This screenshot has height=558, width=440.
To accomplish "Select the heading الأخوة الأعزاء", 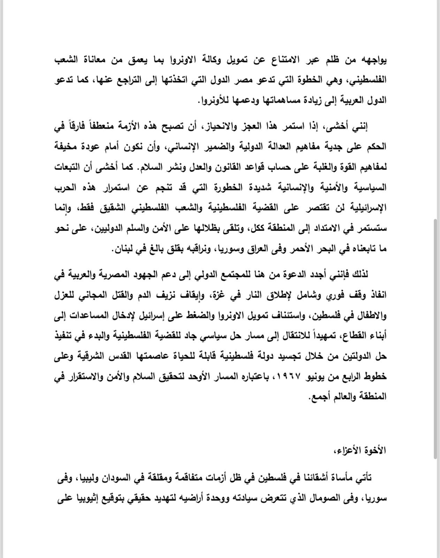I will (x=364, y=450).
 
